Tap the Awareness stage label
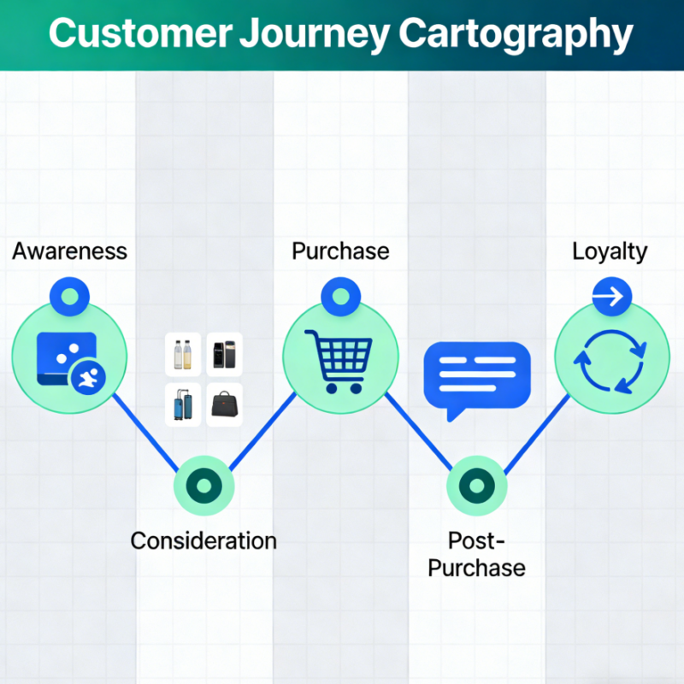tap(69, 251)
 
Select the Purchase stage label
tap(340, 251)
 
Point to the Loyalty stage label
tap(610, 251)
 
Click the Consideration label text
tap(203, 540)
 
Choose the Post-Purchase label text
tap(476, 553)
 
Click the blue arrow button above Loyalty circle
tap(611, 298)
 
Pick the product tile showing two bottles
tap(183, 354)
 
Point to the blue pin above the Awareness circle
tap(70, 297)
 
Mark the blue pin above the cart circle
tap(340, 297)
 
